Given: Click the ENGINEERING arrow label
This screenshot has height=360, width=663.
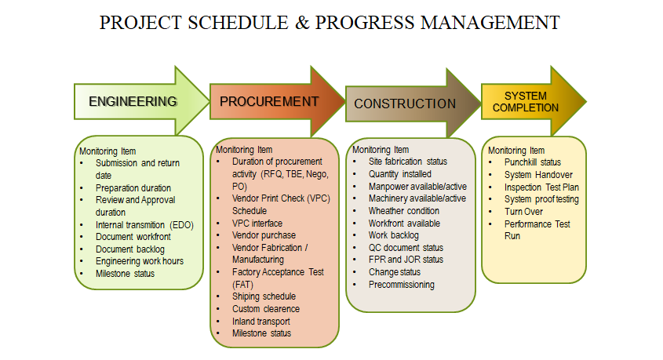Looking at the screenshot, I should click(x=133, y=101).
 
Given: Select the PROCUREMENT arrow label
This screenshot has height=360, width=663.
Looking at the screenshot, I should click(x=269, y=102).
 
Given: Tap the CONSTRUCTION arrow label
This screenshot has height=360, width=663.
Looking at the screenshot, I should click(x=405, y=104).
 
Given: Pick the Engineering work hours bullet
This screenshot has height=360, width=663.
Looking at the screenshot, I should click(x=139, y=261).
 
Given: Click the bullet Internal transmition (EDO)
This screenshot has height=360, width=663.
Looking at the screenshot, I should click(x=144, y=224).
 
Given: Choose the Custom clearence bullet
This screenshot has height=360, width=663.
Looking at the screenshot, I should click(x=266, y=309).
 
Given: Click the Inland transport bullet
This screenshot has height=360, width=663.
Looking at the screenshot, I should click(x=261, y=321).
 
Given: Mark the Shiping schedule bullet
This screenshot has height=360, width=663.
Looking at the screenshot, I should click(x=264, y=296).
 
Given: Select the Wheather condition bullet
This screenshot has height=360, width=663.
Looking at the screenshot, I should click(x=404, y=211).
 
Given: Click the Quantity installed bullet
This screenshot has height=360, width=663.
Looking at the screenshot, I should click(x=400, y=174).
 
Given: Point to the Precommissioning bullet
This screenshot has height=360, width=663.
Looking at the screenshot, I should click(x=402, y=285).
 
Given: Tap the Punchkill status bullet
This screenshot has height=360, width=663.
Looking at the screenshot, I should click(x=533, y=162).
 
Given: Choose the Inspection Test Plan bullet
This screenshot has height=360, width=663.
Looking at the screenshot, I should click(x=541, y=187).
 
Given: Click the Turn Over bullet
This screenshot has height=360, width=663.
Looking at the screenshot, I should click(x=525, y=212).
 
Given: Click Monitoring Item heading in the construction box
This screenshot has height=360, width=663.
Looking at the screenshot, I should click(x=381, y=150).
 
